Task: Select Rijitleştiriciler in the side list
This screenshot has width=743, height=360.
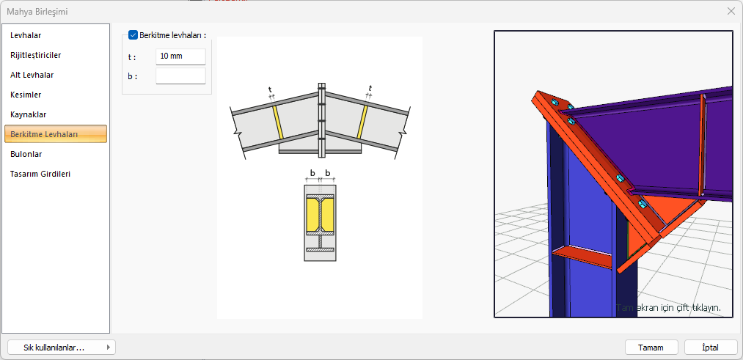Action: tap(35, 55)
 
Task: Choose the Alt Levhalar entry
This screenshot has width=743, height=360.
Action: tap(32, 75)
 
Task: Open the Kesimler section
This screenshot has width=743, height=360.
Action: tap(26, 95)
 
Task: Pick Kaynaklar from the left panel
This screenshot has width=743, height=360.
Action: tap(28, 114)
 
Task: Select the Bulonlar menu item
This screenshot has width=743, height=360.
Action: tap(26, 154)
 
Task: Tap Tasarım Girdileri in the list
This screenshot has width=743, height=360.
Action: tap(40, 174)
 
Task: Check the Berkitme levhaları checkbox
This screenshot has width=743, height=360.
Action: tap(133, 35)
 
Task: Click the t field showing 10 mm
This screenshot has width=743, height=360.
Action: tap(180, 56)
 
